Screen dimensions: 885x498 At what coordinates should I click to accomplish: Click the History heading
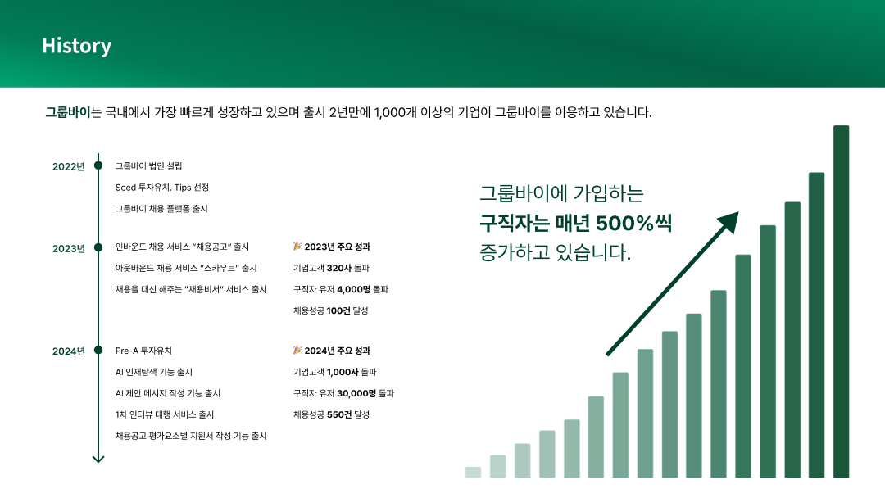[x=77, y=46]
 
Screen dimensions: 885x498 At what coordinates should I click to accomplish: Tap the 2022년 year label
[x=68, y=166]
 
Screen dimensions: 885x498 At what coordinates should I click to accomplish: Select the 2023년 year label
[x=68, y=249]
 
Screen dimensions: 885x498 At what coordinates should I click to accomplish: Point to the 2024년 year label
[x=68, y=351]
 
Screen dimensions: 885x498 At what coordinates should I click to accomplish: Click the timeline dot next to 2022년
[x=98, y=165]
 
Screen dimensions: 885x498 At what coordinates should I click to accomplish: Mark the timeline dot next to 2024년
[x=98, y=351]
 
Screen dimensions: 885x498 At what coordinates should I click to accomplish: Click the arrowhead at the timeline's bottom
[x=98, y=459]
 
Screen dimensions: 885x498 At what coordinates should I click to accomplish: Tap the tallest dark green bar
[x=841, y=301]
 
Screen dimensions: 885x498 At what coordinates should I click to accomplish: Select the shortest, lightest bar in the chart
[x=473, y=472]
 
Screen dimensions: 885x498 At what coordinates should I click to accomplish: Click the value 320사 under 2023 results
[x=339, y=268]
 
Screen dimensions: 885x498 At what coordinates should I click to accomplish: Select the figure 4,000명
[x=354, y=289]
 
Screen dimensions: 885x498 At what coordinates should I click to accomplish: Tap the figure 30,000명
[x=356, y=393]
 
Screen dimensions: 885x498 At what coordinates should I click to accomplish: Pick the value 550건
[x=339, y=414]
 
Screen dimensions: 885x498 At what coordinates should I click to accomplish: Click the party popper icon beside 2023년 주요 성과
[x=297, y=246]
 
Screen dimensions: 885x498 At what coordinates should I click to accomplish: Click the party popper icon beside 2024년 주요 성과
[x=297, y=350]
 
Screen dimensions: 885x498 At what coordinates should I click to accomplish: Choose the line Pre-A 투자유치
[x=143, y=351]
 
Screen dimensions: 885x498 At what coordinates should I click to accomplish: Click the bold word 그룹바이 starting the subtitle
[x=68, y=112]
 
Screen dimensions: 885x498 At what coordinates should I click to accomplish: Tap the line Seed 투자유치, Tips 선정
[x=162, y=188]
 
